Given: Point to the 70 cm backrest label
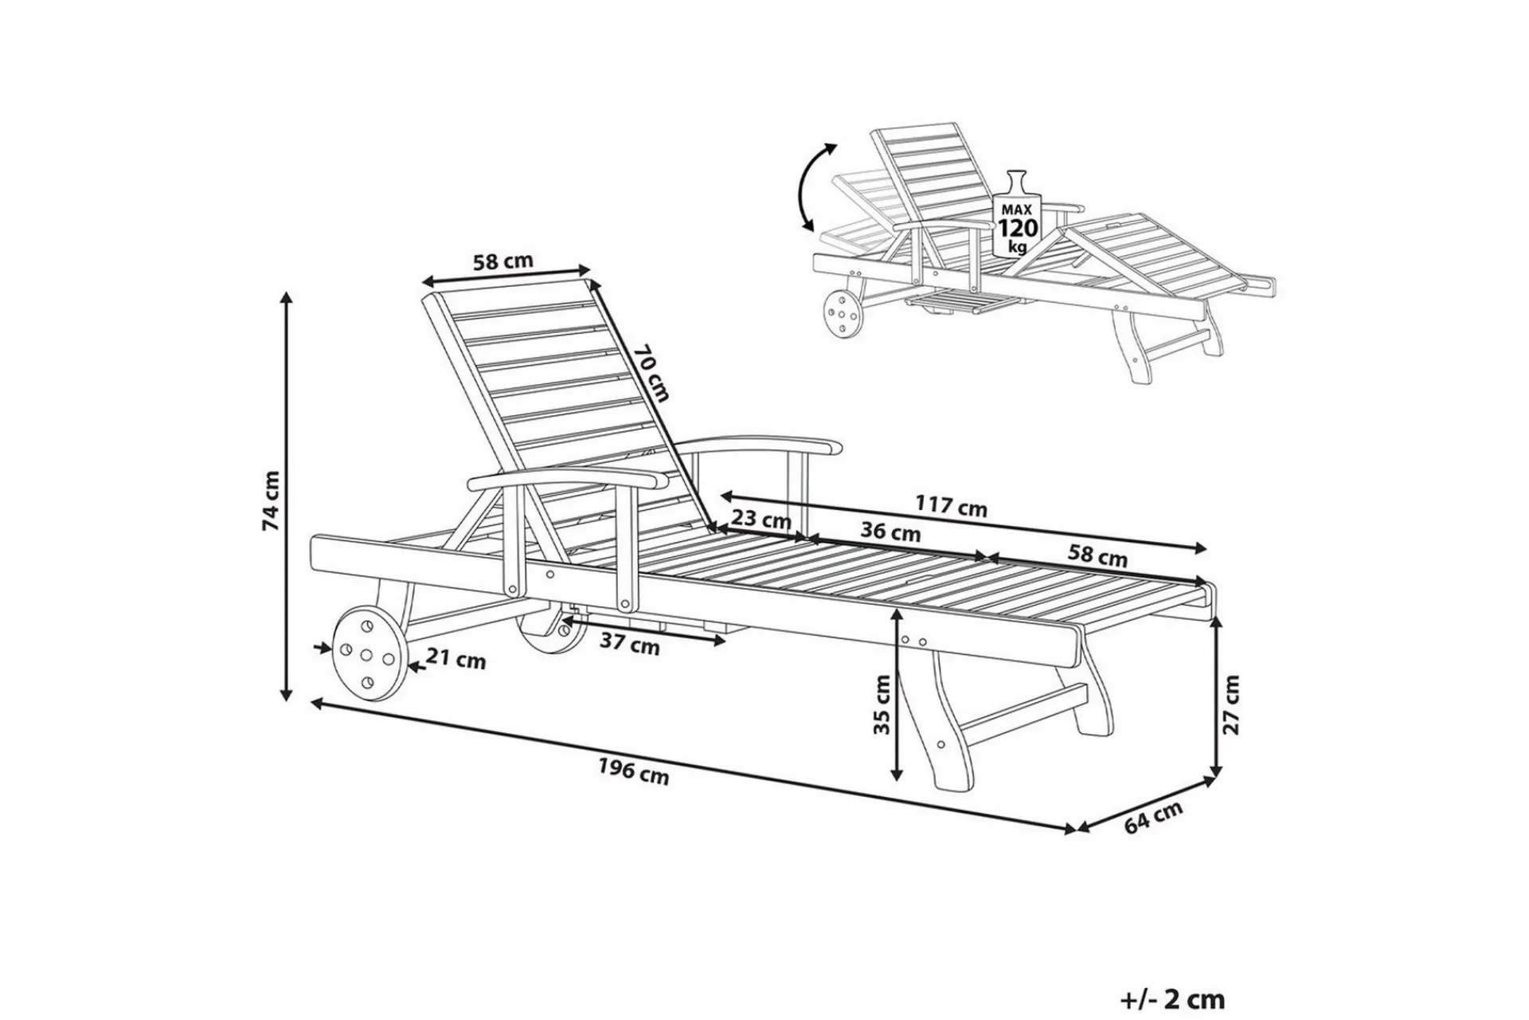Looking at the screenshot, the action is click(x=652, y=373).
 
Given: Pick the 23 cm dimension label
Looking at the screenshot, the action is click(x=761, y=520).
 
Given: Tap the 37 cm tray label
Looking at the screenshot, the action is click(x=629, y=645).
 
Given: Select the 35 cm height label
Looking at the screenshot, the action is click(x=881, y=704).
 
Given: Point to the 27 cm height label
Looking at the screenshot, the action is click(x=1231, y=704).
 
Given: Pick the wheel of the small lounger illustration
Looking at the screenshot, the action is click(x=843, y=313).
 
